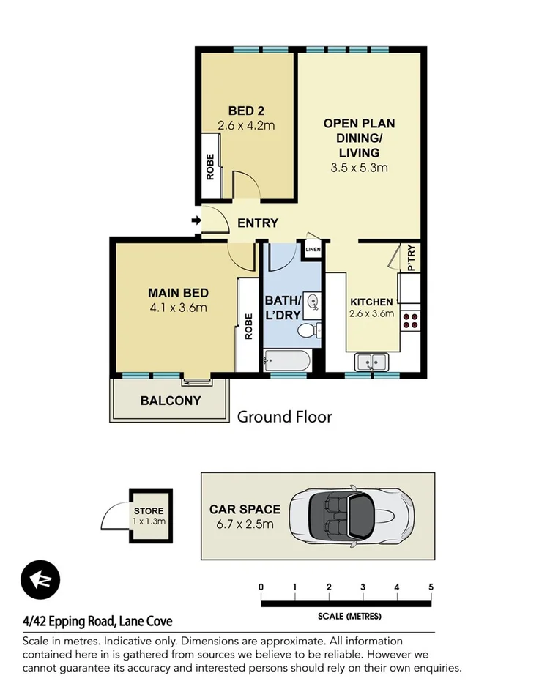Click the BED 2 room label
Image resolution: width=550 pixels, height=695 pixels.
click(246, 111)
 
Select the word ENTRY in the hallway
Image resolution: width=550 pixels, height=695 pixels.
click(258, 223)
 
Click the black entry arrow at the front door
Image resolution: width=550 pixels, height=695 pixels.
click(196, 220)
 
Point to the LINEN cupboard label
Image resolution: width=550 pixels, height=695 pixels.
click(313, 250)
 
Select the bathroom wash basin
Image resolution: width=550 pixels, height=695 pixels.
click(313, 301)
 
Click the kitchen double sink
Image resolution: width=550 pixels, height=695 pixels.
click(372, 361)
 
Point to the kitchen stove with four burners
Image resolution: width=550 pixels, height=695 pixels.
click(410, 319)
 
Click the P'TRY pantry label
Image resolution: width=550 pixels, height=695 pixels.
click(411, 258)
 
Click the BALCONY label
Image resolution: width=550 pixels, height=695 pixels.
click(170, 401)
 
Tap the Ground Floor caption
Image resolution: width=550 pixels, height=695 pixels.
click(284, 417)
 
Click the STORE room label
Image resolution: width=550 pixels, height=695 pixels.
click(149, 511)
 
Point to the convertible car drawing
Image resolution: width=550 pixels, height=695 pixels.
click(352, 516)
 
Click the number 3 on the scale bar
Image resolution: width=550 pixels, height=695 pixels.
click(363, 587)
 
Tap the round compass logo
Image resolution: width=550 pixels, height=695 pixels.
click(40, 581)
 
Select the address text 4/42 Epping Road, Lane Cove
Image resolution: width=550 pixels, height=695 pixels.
click(97, 621)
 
